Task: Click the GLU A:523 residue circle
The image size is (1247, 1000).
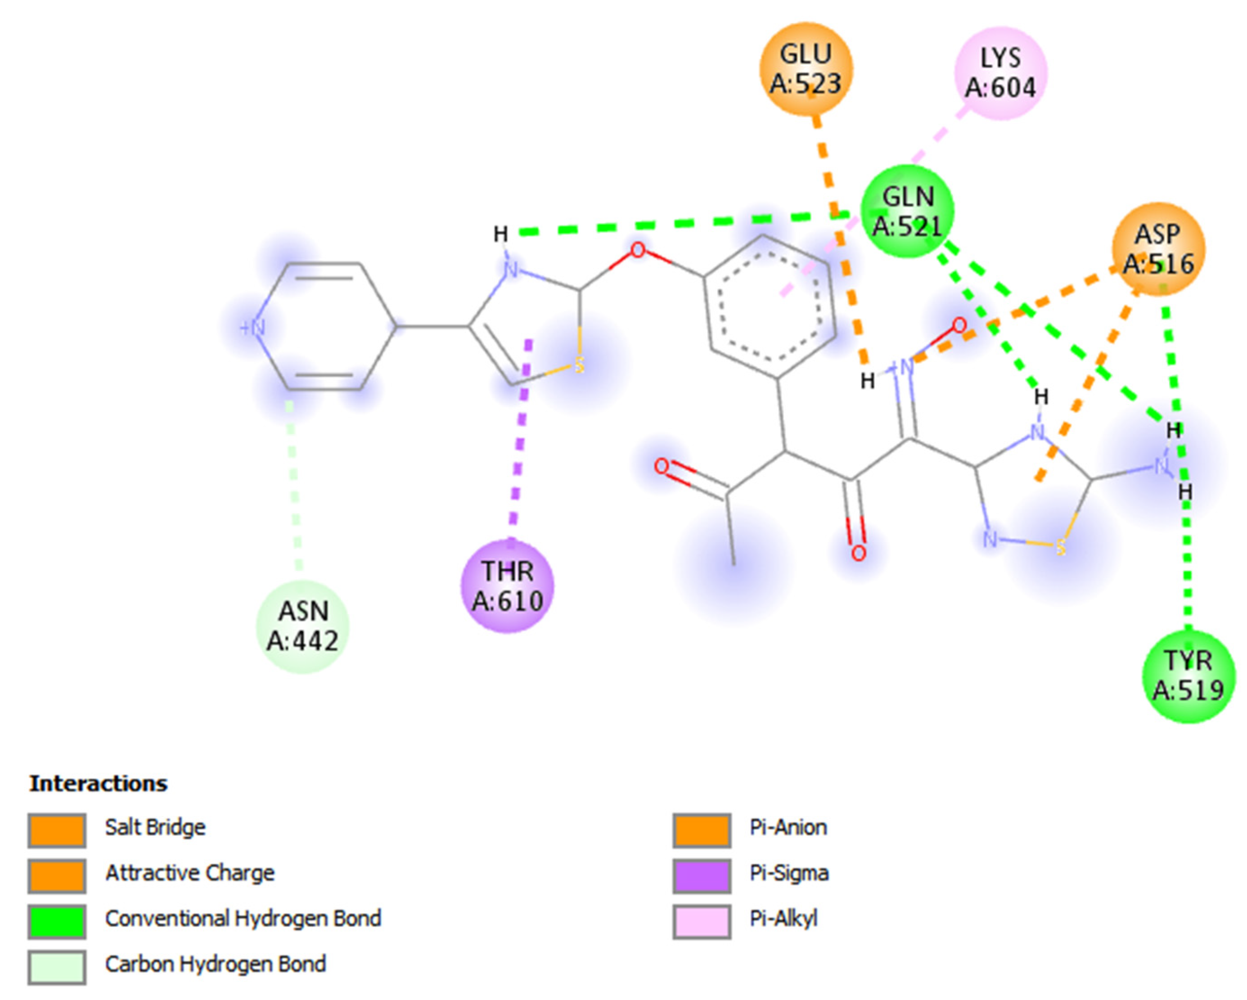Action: click(806, 69)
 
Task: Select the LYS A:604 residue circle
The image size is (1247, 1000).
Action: click(1000, 73)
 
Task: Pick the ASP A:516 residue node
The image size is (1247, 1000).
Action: click(1158, 249)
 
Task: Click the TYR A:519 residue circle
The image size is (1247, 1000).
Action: click(1188, 676)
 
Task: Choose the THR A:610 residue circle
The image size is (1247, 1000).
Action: click(507, 586)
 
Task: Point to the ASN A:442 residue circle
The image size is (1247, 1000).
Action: click(302, 626)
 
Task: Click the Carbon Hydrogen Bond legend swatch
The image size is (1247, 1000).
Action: click(57, 966)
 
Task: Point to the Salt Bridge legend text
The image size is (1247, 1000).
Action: click(155, 828)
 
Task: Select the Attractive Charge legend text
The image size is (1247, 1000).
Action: click(190, 873)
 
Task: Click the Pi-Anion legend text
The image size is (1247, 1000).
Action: click(788, 828)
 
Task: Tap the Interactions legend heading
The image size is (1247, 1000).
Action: click(98, 784)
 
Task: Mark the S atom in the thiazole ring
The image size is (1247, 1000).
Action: click(578, 365)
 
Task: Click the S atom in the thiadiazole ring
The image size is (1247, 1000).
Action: click(1060, 547)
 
